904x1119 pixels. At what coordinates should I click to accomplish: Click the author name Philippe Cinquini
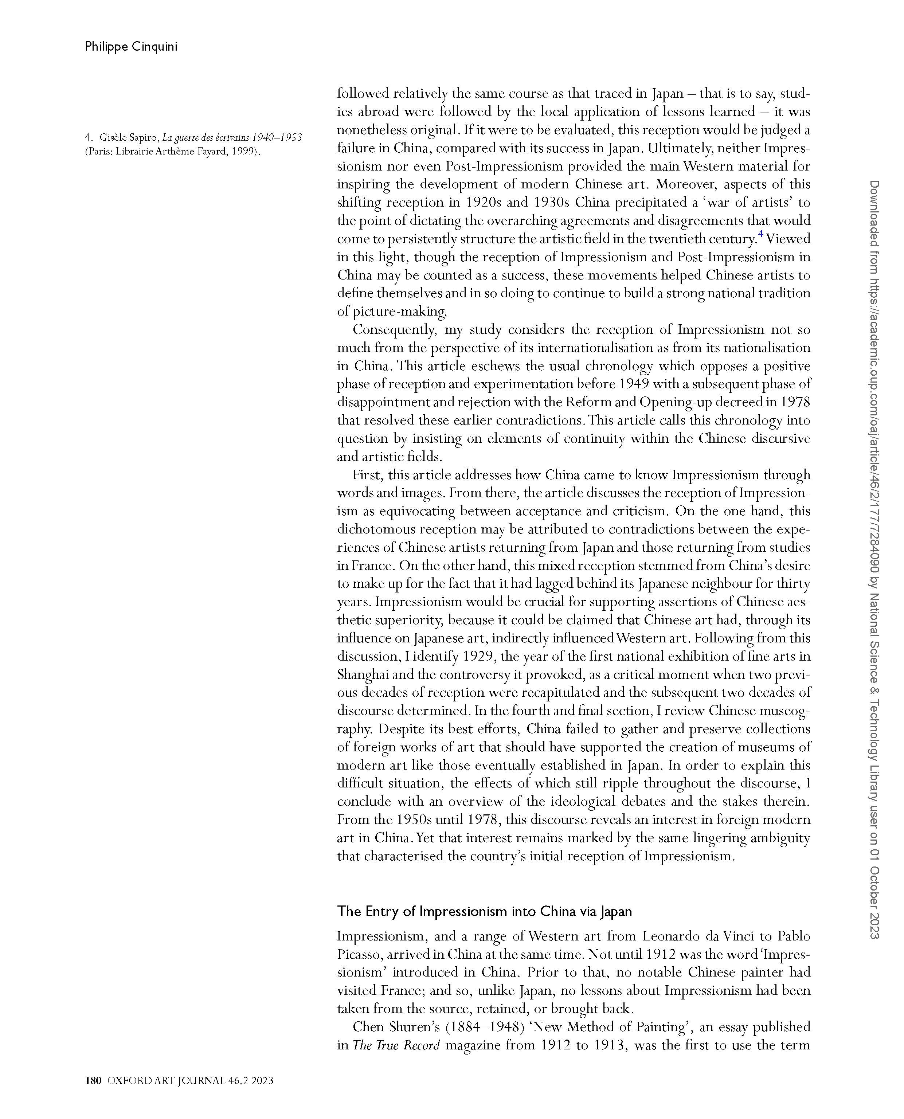click(x=131, y=47)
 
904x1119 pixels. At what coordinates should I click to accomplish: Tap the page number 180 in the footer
click(x=93, y=1080)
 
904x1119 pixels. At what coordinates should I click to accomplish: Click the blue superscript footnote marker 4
click(x=761, y=235)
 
